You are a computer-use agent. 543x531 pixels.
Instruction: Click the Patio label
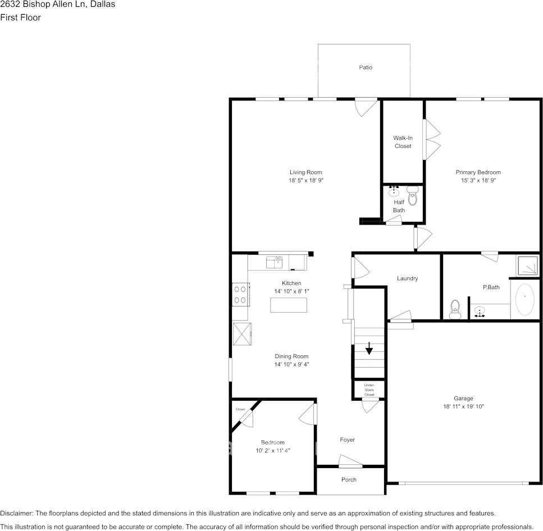[x=366, y=67]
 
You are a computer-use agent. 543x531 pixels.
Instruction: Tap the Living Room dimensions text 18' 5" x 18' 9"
[x=306, y=181]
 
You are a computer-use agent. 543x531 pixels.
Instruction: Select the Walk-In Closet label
[x=402, y=142]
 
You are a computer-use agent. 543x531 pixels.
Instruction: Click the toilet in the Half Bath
[x=413, y=197]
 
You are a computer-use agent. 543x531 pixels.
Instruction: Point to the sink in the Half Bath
[x=394, y=191]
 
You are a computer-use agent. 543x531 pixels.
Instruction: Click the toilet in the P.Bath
[x=455, y=308]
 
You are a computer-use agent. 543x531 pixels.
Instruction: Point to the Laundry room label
[x=407, y=278]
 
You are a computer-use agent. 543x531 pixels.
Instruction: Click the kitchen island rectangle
[x=289, y=305]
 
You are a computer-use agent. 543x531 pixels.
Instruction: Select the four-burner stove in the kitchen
[x=240, y=295]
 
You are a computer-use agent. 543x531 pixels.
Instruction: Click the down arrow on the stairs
[x=369, y=349]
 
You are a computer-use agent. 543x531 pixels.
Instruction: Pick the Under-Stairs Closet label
[x=369, y=390]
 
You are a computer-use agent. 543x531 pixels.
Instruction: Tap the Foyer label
[x=347, y=440]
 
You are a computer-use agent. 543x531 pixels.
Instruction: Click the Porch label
[x=349, y=480]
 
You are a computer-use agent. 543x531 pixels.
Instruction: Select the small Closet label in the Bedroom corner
[x=240, y=409]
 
